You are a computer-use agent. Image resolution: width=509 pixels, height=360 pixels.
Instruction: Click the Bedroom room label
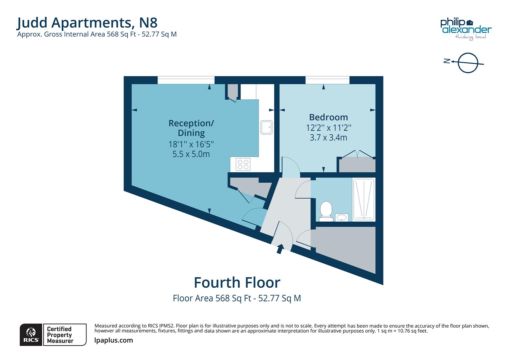(328, 117)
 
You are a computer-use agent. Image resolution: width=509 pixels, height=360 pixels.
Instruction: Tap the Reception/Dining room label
(191, 128)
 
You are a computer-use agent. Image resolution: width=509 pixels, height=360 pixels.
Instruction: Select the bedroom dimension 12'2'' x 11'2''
(328, 128)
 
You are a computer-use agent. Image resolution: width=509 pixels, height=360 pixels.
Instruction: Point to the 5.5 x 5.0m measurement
(191, 154)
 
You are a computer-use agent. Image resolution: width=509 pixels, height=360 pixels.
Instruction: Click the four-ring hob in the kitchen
(243, 164)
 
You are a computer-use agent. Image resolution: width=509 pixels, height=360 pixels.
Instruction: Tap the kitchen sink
(266, 127)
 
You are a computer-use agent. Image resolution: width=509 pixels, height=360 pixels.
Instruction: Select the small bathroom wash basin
(341, 218)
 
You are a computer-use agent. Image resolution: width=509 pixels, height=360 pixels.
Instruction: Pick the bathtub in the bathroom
(364, 199)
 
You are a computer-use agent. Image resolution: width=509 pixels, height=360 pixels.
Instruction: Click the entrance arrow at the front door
(280, 249)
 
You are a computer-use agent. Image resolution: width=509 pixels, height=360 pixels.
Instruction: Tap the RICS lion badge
(31, 335)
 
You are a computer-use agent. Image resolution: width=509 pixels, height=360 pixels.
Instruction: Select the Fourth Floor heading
(237, 283)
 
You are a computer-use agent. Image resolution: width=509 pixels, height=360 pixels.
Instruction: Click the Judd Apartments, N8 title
(87, 23)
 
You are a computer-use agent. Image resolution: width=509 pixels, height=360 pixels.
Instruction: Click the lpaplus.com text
(114, 340)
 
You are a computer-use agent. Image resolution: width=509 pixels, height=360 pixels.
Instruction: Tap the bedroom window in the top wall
(327, 80)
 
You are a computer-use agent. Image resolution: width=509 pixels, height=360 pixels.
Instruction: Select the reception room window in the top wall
(186, 80)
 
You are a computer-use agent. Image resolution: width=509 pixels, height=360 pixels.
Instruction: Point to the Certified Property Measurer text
(60, 335)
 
